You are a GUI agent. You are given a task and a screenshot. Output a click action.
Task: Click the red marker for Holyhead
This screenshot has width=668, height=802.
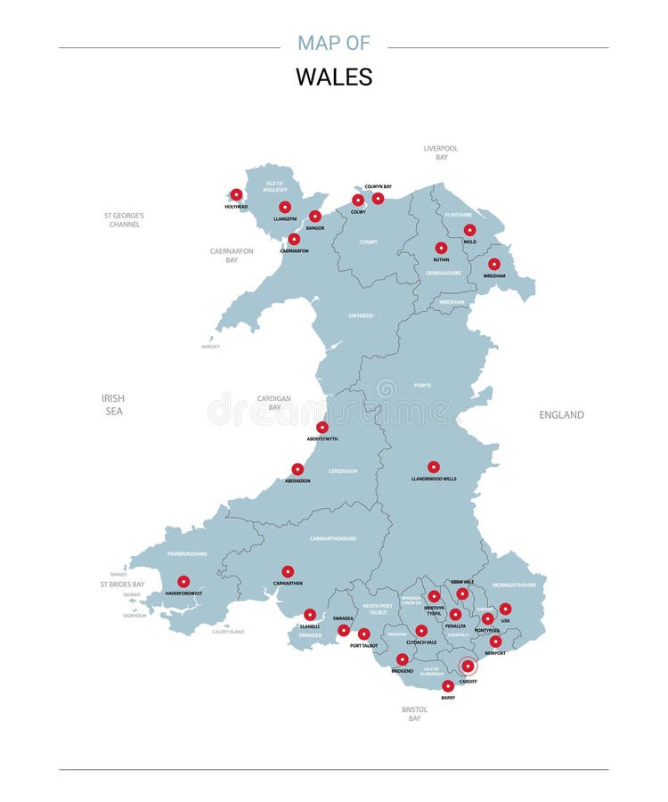(x=236, y=194)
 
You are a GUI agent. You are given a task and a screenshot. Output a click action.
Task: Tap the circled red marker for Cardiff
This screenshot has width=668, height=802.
(x=468, y=666)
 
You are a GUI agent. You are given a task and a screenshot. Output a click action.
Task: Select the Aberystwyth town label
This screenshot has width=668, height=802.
(x=322, y=438)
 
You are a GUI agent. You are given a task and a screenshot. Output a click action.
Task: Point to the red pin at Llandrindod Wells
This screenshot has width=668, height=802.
(x=434, y=467)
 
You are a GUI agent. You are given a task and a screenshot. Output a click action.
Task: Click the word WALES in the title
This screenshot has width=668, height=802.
(x=334, y=78)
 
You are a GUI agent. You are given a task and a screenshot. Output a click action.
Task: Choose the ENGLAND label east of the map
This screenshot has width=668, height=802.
(x=561, y=414)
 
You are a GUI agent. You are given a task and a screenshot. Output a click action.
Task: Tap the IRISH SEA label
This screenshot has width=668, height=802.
(x=113, y=405)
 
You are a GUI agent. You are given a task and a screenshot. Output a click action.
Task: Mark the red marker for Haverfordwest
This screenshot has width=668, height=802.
(x=183, y=581)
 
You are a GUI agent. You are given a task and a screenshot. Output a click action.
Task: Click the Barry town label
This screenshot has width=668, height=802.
(x=448, y=698)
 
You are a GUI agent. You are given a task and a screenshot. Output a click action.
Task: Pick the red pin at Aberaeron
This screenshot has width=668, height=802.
(x=297, y=469)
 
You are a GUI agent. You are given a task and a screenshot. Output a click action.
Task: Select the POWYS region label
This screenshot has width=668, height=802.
(x=422, y=385)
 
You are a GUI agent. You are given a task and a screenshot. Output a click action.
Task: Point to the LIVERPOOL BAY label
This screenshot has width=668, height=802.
(x=441, y=152)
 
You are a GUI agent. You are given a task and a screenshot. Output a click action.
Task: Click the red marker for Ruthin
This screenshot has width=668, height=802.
(x=441, y=248)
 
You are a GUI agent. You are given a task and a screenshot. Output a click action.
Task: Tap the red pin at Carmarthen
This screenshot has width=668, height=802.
(x=288, y=571)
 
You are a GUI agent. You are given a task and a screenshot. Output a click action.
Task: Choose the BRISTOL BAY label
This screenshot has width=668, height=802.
(x=414, y=714)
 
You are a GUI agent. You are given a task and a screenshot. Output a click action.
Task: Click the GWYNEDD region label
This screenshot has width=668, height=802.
(x=361, y=315)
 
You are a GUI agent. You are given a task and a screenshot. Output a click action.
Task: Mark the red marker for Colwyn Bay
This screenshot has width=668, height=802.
(x=378, y=198)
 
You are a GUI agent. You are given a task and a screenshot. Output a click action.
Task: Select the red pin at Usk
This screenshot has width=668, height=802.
(x=505, y=609)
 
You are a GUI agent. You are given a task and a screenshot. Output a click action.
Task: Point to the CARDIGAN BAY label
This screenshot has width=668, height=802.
(x=274, y=402)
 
